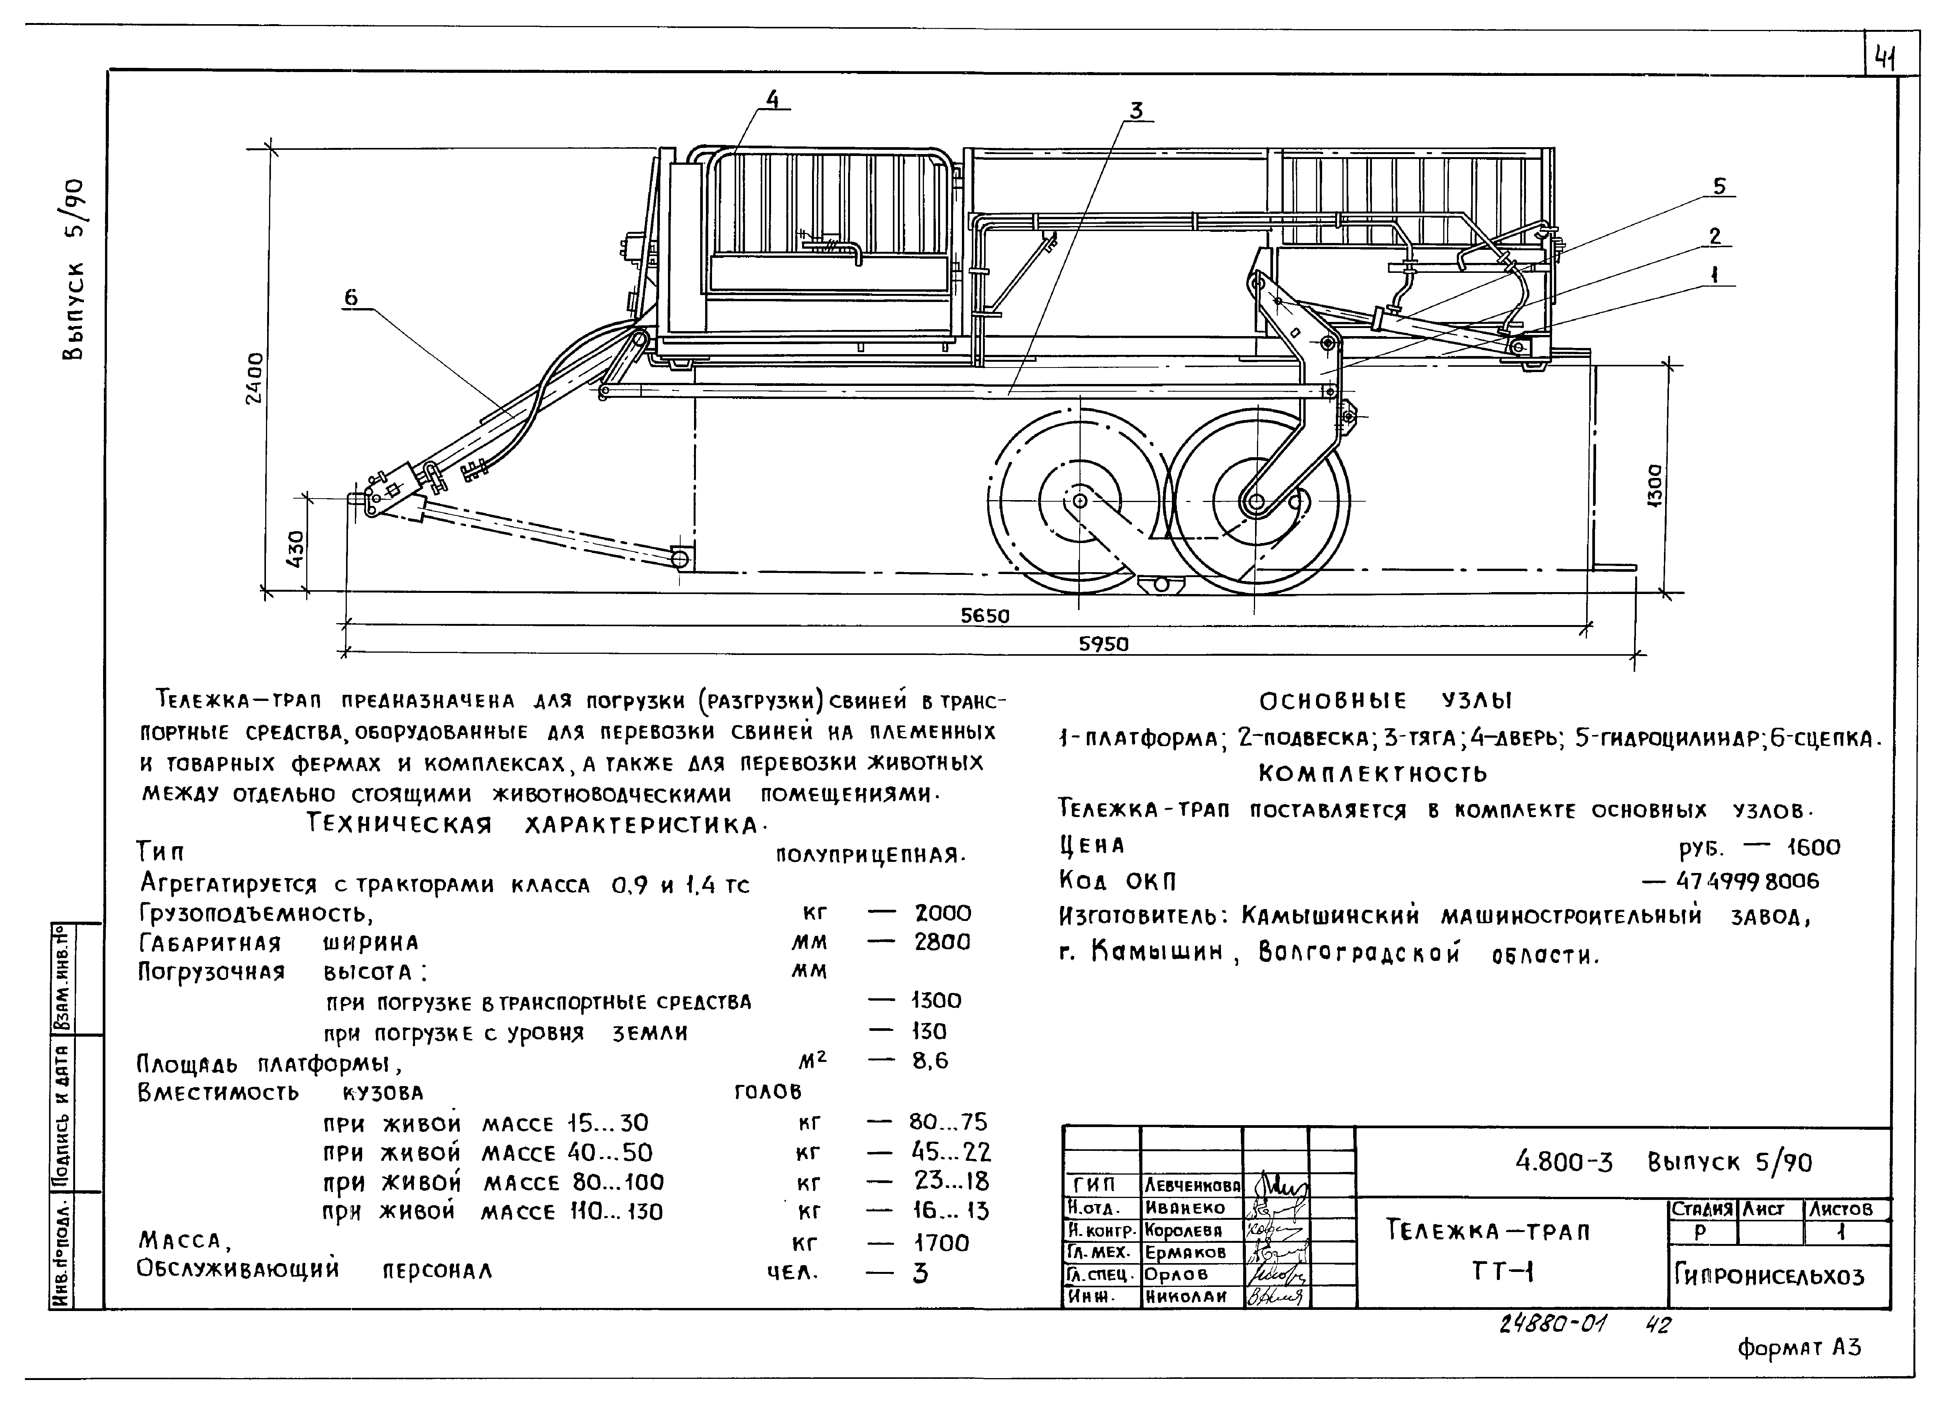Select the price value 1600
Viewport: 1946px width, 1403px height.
[x=1814, y=848]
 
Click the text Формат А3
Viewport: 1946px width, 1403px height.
[x=1798, y=1348]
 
